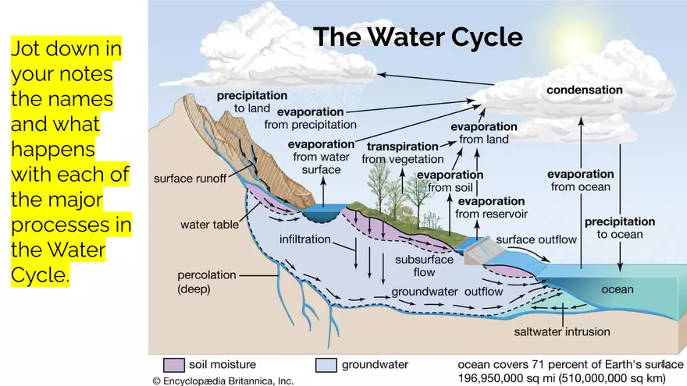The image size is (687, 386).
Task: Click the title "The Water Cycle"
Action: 418,37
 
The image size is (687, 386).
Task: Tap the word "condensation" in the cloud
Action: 585,90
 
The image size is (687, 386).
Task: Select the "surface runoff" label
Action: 190,179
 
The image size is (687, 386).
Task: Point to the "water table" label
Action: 209,225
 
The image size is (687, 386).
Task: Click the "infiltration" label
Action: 305,239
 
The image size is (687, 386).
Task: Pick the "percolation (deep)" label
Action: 207,282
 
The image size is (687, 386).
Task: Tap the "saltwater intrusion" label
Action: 562,331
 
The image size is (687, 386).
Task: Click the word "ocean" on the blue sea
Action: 618,289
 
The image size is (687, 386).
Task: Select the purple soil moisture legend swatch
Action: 174,365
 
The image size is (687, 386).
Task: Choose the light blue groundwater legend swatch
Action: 326,365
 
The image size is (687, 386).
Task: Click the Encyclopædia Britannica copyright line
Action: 223,381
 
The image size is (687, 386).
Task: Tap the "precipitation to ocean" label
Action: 620,228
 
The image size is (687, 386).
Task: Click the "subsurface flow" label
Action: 424,266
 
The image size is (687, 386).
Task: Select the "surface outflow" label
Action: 536,240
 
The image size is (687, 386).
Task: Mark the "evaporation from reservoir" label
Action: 491,207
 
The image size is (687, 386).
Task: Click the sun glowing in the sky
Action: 568,36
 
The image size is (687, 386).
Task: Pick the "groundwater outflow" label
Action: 447,292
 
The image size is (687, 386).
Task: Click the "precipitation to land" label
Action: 252,101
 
